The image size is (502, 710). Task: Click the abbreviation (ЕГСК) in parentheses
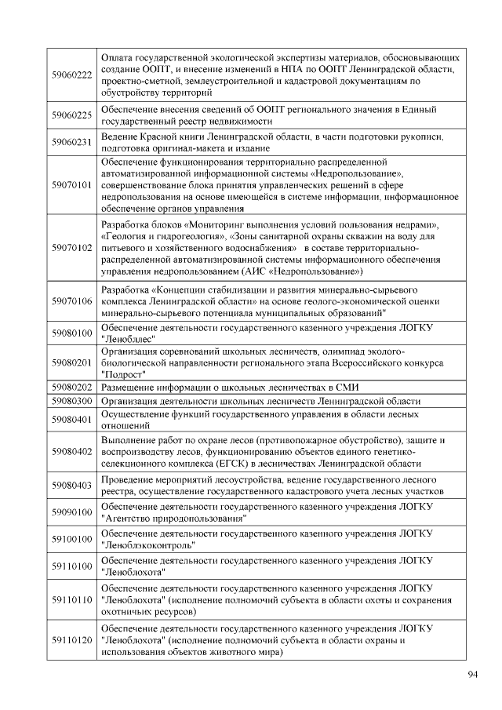pos(221,464)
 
